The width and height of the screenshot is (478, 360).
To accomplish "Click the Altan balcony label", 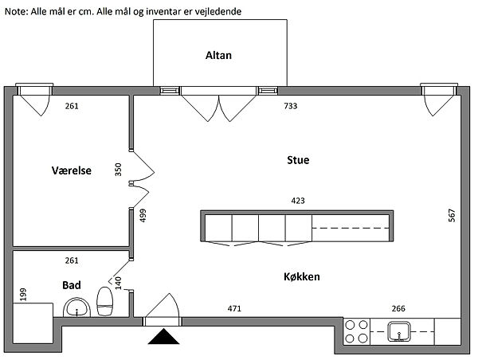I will pyautogui.click(x=218, y=55).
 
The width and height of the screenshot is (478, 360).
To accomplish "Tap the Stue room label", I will pyautogui.click(x=298, y=160).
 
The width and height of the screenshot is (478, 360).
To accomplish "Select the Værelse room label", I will pyautogui.click(x=72, y=170).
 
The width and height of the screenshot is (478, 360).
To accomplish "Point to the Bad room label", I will pyautogui.click(x=72, y=284).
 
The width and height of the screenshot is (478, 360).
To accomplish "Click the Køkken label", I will pyautogui.click(x=301, y=276).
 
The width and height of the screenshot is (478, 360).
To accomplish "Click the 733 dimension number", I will pyautogui.click(x=292, y=106).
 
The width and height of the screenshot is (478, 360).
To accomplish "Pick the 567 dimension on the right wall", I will pyautogui.click(x=452, y=214).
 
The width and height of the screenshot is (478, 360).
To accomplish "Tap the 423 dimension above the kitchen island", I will pyautogui.click(x=298, y=202).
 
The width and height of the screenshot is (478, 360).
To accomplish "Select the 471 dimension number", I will pyautogui.click(x=235, y=308).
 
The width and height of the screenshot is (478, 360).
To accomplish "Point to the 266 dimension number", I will pyautogui.click(x=398, y=308).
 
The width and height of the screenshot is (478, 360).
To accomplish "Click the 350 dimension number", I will pyautogui.click(x=119, y=170).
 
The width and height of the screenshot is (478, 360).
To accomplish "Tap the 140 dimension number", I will pyautogui.click(x=119, y=282).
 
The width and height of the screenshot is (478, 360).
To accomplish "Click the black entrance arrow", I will pyautogui.click(x=163, y=338).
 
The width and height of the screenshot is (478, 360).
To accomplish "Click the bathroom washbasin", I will pyautogui.click(x=76, y=308).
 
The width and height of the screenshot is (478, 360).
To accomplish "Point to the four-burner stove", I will pyautogui.click(x=356, y=331).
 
